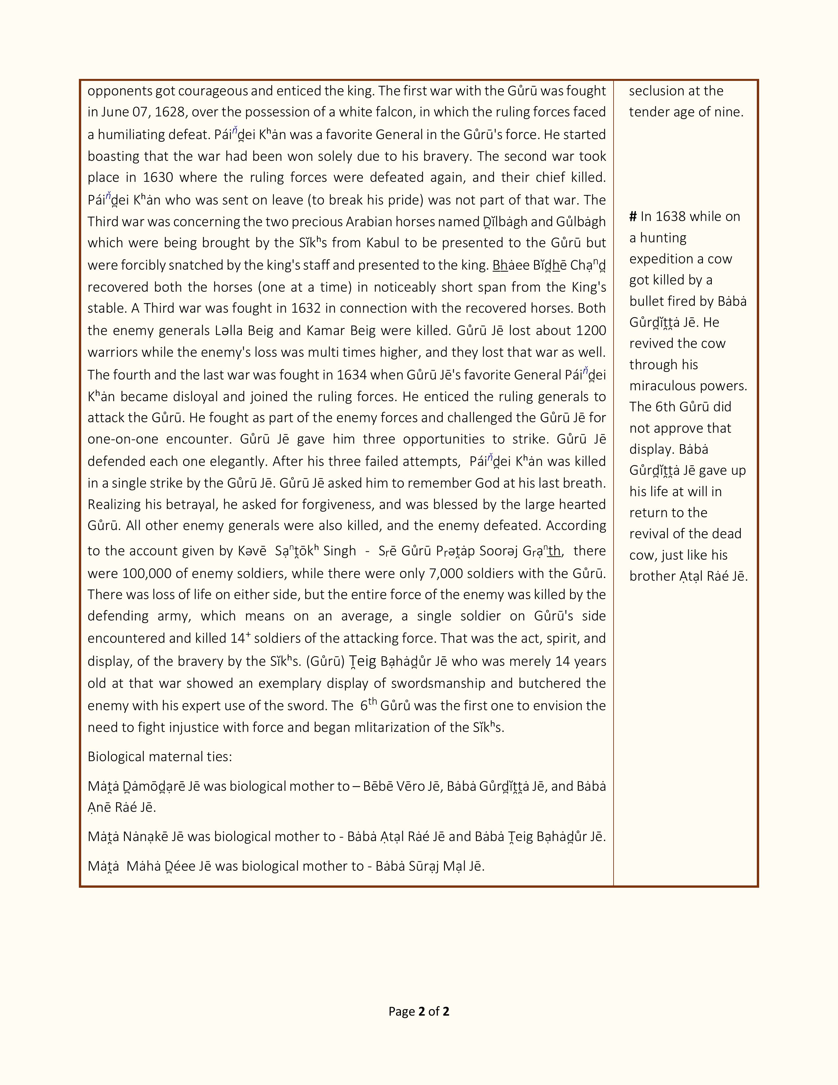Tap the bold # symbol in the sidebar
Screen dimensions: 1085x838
[633, 217]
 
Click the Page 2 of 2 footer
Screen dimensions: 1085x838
[418, 1011]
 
